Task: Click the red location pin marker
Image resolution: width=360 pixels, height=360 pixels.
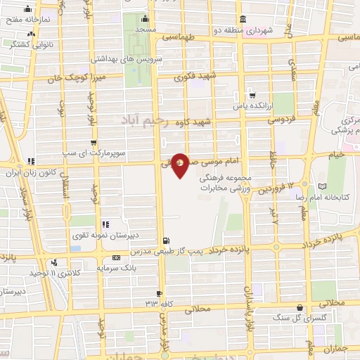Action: tap(180, 165)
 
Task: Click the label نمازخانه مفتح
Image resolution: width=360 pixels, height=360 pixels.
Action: tap(25, 20)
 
